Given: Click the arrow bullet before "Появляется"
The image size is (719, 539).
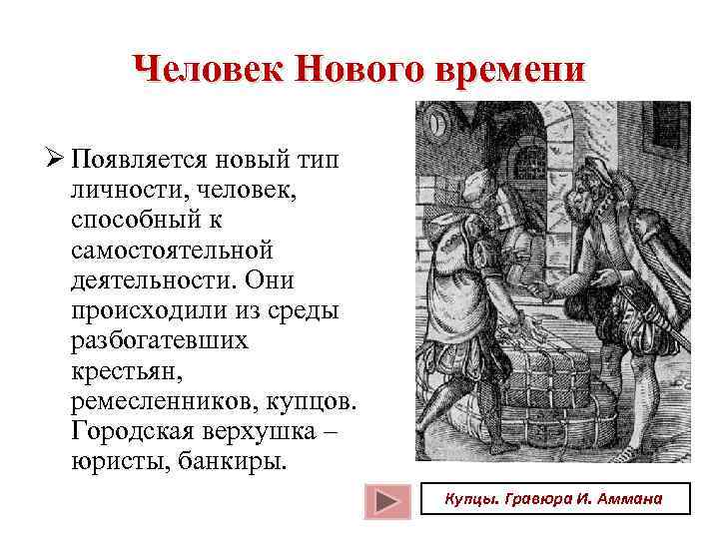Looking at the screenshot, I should [55, 160].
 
